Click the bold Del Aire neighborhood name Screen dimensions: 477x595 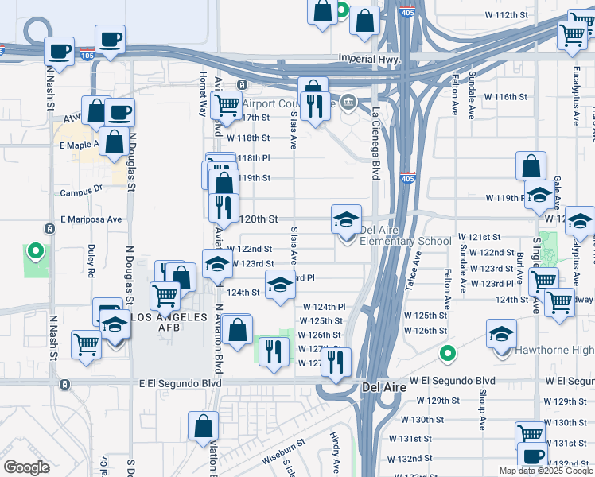384,387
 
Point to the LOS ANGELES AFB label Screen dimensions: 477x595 168,317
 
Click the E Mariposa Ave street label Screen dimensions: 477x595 91,219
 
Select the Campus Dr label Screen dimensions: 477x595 82,191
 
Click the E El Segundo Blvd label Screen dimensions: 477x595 179,382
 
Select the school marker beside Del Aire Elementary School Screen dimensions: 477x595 346,219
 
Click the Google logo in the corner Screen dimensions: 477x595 26,467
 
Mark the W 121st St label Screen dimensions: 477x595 479,238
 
